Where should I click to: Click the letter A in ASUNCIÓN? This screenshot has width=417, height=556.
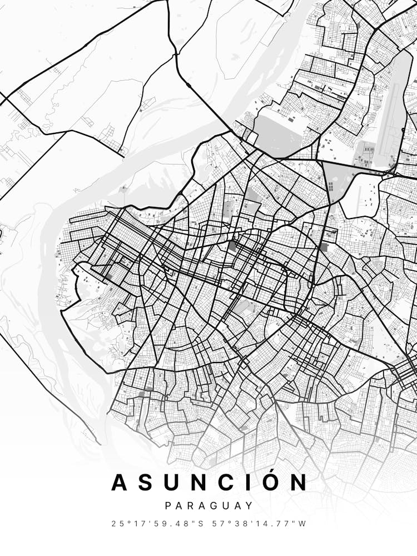[121, 483]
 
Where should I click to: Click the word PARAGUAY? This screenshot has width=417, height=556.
[209, 506]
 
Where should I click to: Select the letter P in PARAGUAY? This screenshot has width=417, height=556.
[168, 506]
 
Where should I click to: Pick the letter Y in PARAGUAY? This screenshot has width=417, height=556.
[250, 506]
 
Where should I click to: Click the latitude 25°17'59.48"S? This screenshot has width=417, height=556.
[158, 524]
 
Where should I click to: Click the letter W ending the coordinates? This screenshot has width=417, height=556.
[302, 524]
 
